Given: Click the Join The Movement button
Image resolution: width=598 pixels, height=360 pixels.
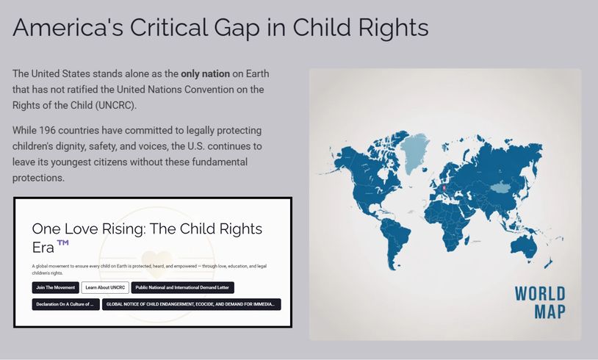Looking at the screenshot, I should click(56, 287).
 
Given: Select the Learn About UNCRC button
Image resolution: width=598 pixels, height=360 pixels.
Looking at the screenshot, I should click(105, 287).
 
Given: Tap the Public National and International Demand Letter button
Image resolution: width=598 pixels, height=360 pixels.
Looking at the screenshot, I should click(183, 287).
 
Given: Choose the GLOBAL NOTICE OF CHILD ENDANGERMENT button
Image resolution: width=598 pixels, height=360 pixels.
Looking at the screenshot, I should click(192, 304).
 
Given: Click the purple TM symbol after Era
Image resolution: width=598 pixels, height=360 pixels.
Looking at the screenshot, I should click(62, 242).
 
